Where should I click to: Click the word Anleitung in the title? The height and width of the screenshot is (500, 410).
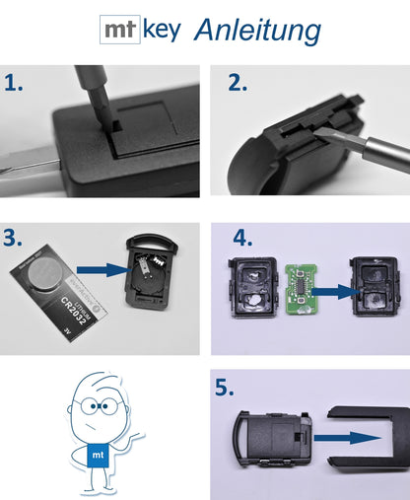pyautogui.click(x=257, y=31)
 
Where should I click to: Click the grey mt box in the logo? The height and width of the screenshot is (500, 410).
pyautogui.click(x=120, y=30)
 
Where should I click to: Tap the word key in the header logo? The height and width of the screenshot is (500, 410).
pyautogui.click(x=162, y=31)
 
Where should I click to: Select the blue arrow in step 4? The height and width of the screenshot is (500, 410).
pyautogui.click(x=328, y=291)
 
